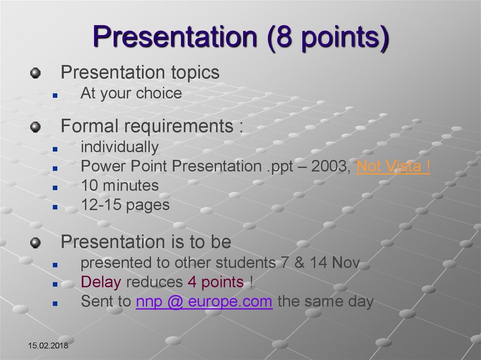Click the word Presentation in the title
point(175,36)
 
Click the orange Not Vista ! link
point(393,166)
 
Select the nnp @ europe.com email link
point(204,301)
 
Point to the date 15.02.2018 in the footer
point(48,345)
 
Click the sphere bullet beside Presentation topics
point(36,73)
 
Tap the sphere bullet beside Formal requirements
point(36,127)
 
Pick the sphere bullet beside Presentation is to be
point(36,243)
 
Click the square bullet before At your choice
point(55,96)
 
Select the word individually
point(120,147)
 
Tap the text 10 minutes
point(120,185)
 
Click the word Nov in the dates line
point(346,263)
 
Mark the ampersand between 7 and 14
point(299,263)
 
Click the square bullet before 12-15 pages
point(55,207)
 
